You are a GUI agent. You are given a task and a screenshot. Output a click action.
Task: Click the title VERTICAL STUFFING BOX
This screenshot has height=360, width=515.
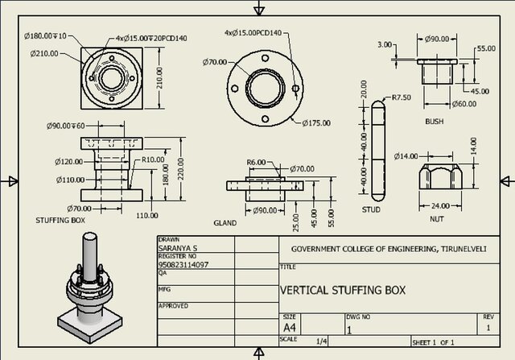343,290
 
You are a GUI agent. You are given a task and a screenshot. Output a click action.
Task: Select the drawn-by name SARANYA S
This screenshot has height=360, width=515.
180,248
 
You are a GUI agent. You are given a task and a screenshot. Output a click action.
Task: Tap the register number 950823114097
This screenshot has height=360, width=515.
184,264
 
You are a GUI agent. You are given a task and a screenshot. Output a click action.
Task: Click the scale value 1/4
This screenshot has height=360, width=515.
323,341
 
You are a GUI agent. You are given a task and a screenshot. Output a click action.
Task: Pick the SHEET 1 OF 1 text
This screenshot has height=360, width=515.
439,342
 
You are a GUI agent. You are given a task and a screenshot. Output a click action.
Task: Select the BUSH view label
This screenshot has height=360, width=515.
435,122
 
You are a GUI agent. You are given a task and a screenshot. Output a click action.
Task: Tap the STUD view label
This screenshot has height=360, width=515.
371,209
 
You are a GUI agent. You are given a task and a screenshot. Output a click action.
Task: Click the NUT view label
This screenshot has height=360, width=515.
436,219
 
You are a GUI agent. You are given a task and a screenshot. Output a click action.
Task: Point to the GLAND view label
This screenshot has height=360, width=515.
225,222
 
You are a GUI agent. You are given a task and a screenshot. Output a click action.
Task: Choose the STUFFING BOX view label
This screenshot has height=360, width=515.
60,219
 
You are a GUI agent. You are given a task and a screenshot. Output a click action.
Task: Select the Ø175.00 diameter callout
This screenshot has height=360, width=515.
315,122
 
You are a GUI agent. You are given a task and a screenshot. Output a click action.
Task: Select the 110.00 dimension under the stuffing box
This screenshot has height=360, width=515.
146,216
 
